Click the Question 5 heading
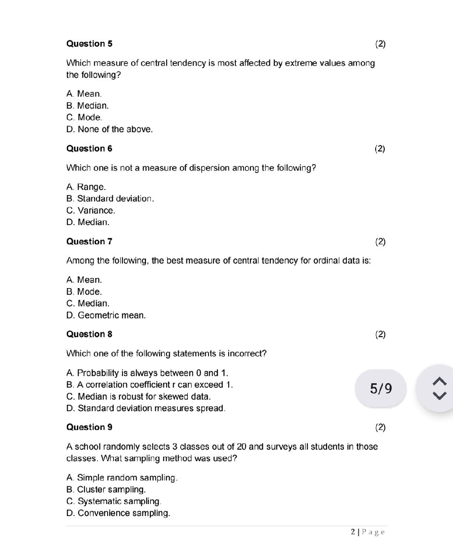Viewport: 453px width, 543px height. tap(89, 44)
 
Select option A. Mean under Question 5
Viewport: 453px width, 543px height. tap(84, 94)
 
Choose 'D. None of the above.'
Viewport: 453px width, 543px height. tap(110, 129)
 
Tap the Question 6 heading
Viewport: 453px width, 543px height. tap(89, 149)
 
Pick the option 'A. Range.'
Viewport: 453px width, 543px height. tap(86, 187)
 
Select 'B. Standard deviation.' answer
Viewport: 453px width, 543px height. tap(110, 199)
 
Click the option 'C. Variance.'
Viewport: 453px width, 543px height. tap(91, 211)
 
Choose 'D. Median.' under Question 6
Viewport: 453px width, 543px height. tap(88, 222)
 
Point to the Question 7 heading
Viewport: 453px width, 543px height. tap(89, 241)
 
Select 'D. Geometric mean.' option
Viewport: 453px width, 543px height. tap(106, 316)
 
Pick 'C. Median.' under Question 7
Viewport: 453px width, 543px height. tap(88, 303)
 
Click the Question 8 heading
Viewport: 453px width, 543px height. tap(89, 334)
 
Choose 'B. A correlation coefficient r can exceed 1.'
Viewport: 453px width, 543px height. tap(149, 385)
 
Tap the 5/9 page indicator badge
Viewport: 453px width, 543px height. tap(381, 388)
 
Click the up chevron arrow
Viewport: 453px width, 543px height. tap(439, 381)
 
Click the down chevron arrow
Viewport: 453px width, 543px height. tap(439, 395)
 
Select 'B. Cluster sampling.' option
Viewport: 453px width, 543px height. tap(106, 490)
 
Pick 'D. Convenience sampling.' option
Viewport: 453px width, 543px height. tap(118, 513)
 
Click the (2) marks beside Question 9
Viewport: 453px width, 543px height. tap(380, 427)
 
